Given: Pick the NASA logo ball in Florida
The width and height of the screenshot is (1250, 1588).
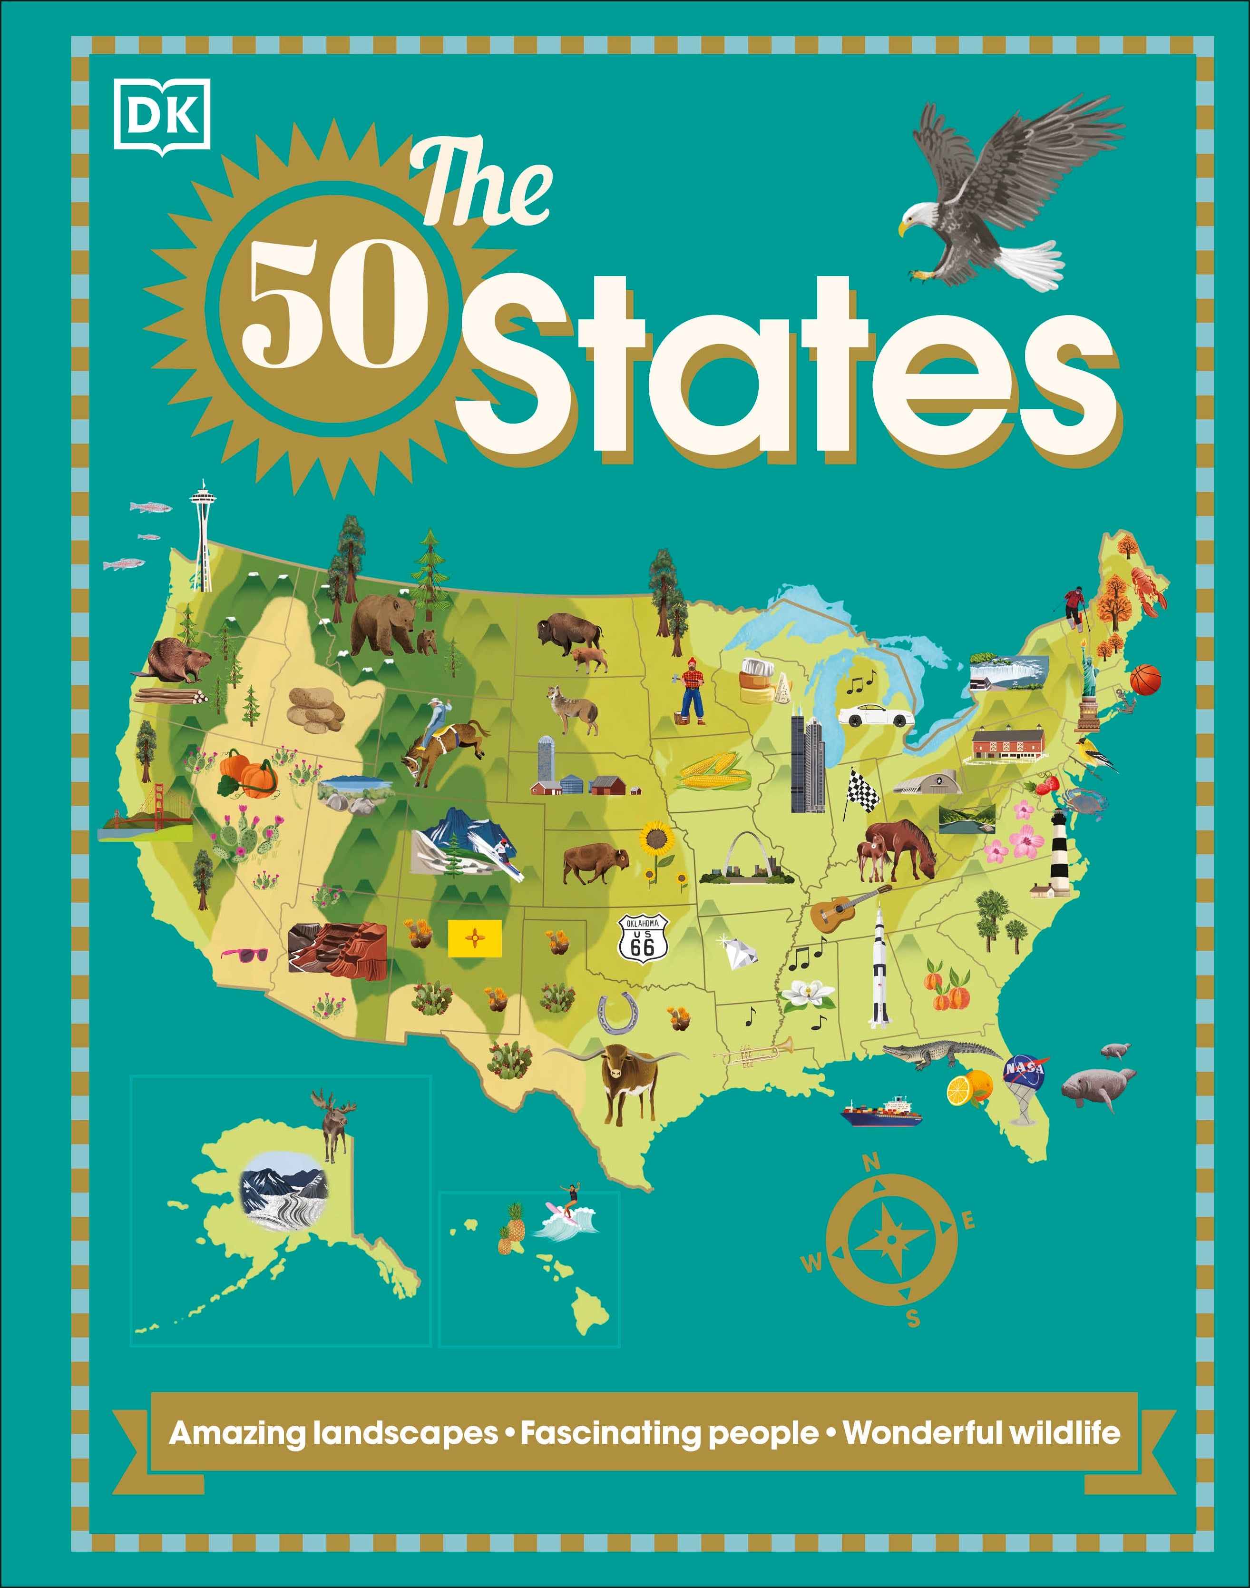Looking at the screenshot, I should pos(1025,1070).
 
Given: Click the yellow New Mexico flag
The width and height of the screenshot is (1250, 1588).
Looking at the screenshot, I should pos(474,938).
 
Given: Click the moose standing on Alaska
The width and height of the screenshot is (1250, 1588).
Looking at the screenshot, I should pos(334,1124).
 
